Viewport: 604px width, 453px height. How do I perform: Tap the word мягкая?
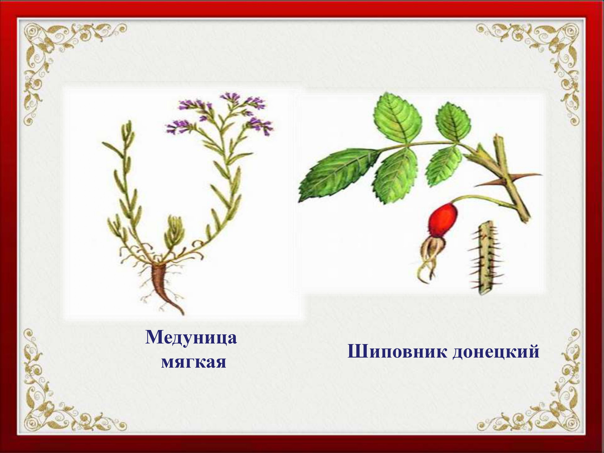(x=193, y=362)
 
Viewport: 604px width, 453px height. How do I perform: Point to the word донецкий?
(x=496, y=351)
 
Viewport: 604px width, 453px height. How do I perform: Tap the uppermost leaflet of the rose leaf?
(x=397, y=118)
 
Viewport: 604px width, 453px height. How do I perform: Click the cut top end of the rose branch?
(x=498, y=137)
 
